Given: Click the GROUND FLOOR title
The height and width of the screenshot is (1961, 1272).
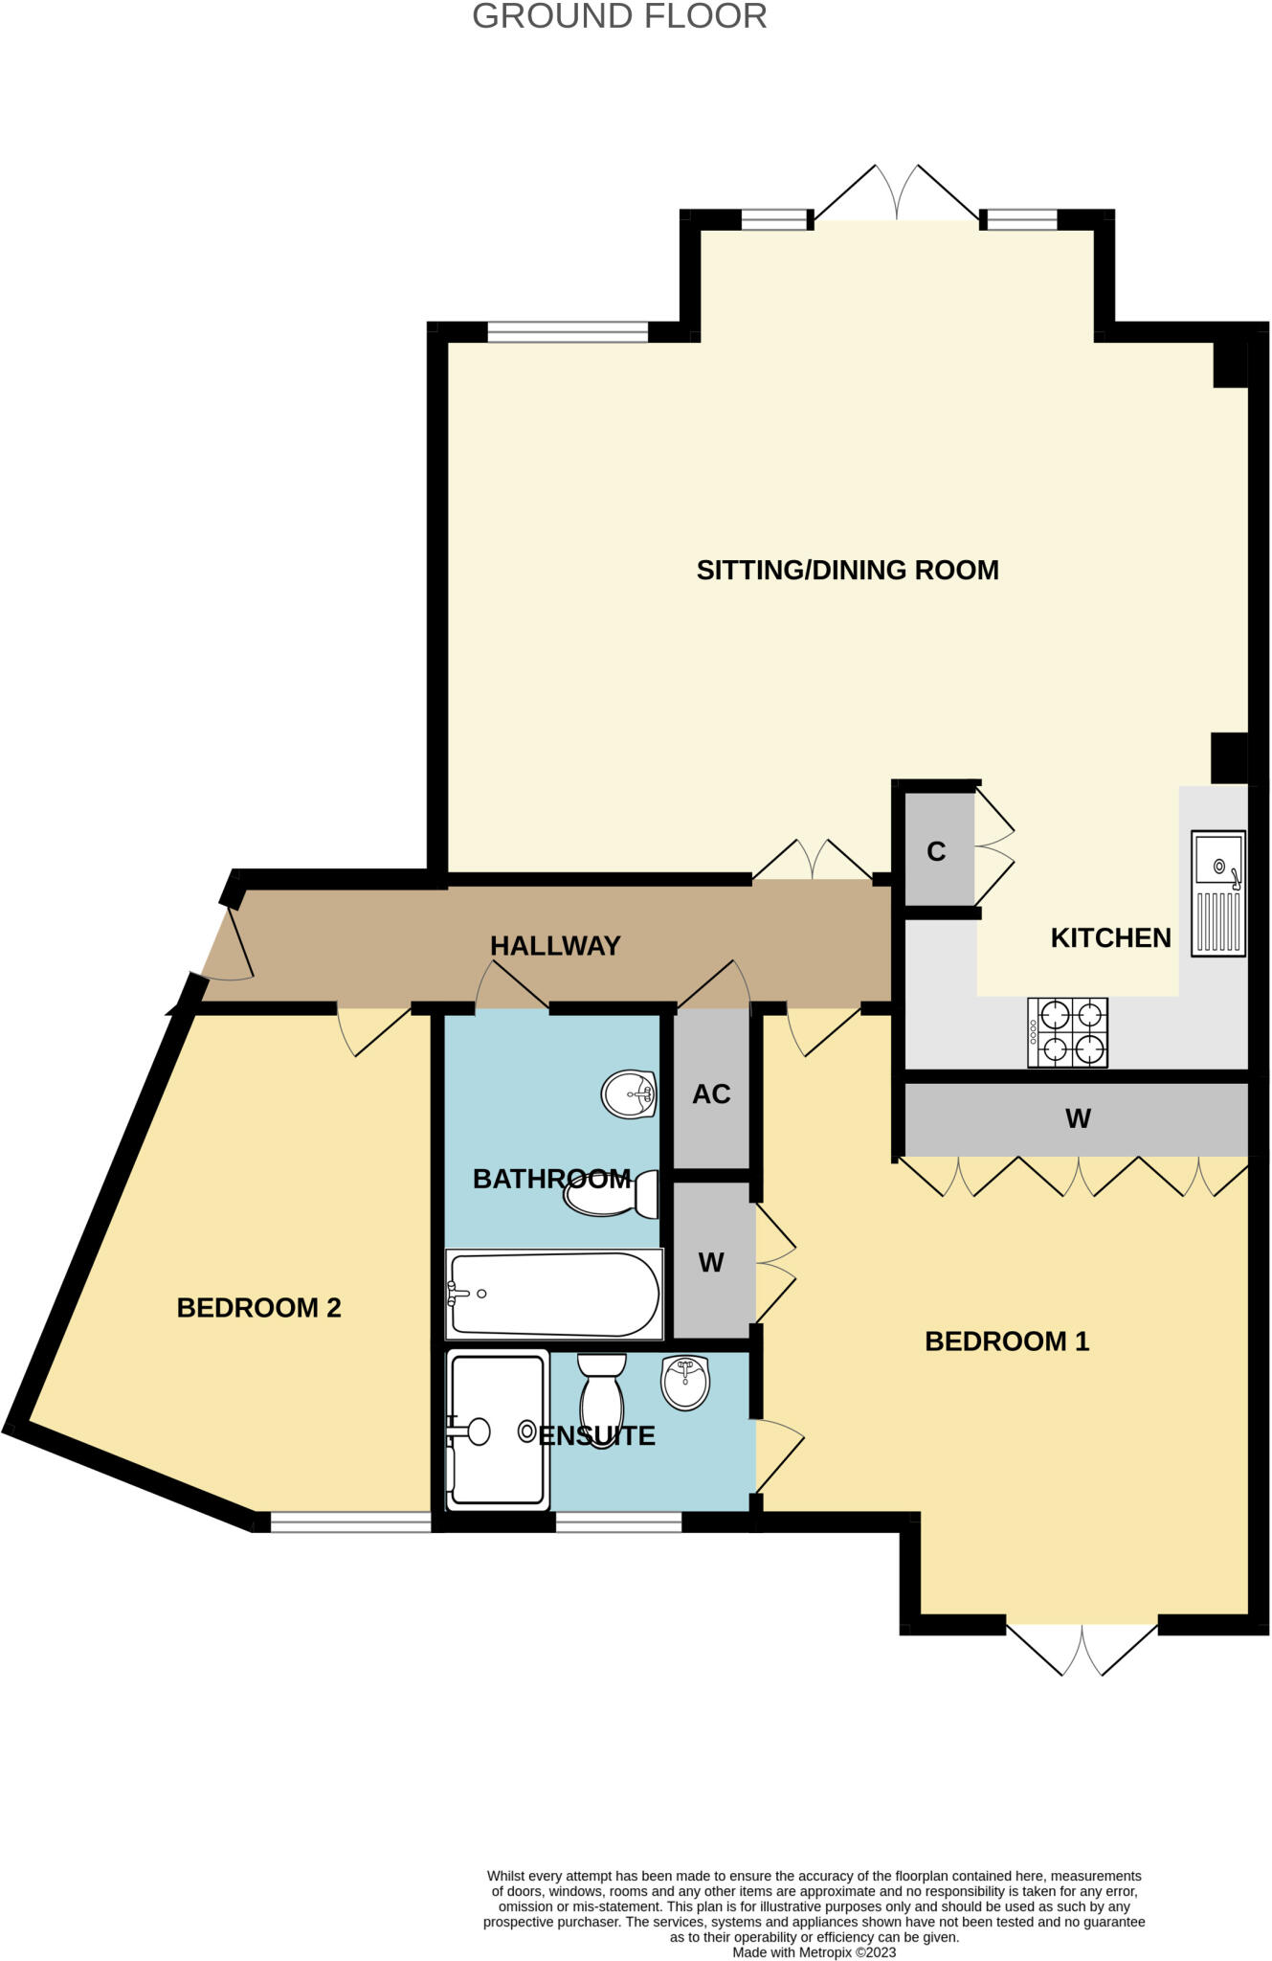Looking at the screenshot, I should point(619,16).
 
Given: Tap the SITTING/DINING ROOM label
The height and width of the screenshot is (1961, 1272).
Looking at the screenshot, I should point(847,571).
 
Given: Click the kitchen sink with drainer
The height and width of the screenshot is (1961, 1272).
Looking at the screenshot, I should point(1218,893).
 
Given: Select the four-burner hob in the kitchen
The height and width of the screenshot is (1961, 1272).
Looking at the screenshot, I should point(1068,1032).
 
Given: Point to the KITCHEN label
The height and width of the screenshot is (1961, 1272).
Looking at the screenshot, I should point(1110,937).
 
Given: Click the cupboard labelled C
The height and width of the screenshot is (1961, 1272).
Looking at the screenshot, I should point(937,851).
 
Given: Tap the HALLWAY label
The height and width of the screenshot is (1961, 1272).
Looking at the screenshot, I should point(555,946).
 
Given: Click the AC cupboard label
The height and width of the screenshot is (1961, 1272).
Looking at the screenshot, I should point(711,1094).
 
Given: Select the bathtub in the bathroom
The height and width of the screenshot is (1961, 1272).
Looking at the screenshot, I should point(554,1294).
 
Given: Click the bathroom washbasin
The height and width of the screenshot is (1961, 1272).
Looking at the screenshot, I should point(629,1093).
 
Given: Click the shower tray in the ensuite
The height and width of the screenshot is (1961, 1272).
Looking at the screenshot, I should point(498,1430).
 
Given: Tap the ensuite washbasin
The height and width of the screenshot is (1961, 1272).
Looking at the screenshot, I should point(685,1382).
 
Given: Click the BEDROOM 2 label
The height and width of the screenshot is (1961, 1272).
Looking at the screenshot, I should point(258,1308).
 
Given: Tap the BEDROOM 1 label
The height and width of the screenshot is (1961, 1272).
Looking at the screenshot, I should point(1007,1341).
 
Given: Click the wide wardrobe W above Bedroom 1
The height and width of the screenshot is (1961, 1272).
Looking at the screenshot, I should point(1077,1118).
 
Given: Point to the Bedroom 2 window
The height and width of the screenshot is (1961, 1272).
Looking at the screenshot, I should point(350,1521).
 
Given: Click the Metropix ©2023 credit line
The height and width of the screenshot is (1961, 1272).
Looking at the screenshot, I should point(814,1952).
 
